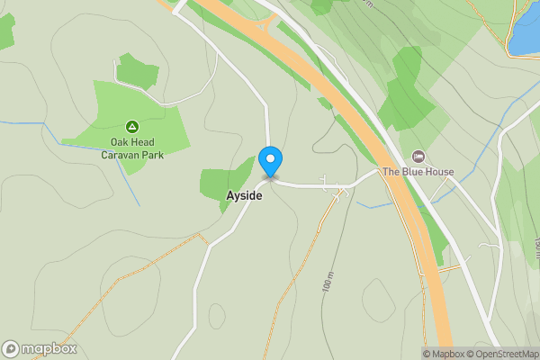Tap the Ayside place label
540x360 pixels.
pyautogui.click(x=244, y=195)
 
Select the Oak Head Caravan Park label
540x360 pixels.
pyautogui.click(x=131, y=148)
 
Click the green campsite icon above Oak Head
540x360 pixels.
pyautogui.click(x=131, y=127)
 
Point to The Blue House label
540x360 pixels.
pyautogui.click(x=418, y=172)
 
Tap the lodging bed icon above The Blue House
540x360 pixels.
pyautogui.click(x=418, y=157)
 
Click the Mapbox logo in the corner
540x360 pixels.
pyautogui.click(x=40, y=349)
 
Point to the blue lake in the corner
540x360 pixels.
pyautogui.click(x=526, y=31)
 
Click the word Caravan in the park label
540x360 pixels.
pyautogui.click(x=121, y=155)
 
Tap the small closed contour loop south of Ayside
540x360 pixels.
pyautogui.click(x=216, y=316)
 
